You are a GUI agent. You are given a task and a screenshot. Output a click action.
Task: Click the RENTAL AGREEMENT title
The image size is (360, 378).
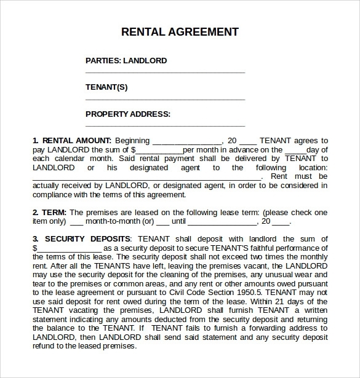pyautogui.click(x=180, y=31)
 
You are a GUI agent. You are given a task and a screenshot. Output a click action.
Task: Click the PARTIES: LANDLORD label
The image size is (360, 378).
pyautogui.click(x=126, y=61)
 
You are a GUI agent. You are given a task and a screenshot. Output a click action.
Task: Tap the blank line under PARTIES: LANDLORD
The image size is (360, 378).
pyautogui.click(x=165, y=73)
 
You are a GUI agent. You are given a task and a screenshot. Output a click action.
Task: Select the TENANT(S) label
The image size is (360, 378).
pyautogui.click(x=106, y=87)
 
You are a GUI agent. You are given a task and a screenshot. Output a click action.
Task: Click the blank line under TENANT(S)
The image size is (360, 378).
pyautogui.click(x=165, y=100)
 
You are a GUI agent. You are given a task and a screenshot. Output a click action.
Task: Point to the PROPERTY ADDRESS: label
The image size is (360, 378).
pyautogui.click(x=127, y=114)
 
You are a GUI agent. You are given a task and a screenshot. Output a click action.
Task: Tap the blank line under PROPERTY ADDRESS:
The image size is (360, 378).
pyautogui.click(x=165, y=126)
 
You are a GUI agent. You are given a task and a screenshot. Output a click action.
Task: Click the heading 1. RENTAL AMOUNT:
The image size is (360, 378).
pyautogui.click(x=72, y=141)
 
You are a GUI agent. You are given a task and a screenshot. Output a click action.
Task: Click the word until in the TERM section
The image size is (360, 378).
pyautogui.click(x=178, y=221)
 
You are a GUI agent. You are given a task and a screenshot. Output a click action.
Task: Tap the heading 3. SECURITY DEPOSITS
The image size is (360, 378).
pyautogui.click(x=81, y=238)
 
